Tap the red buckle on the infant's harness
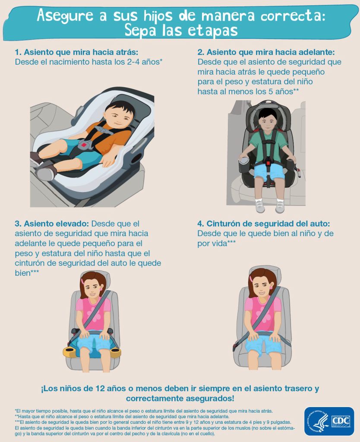84,145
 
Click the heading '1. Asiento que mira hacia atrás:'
76,52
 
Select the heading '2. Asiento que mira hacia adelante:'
266,52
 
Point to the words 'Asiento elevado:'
56,224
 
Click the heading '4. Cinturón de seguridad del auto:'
264,224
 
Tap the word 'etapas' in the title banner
212,31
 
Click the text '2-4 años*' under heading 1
145,62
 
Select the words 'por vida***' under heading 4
217,243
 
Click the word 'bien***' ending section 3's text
27,273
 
